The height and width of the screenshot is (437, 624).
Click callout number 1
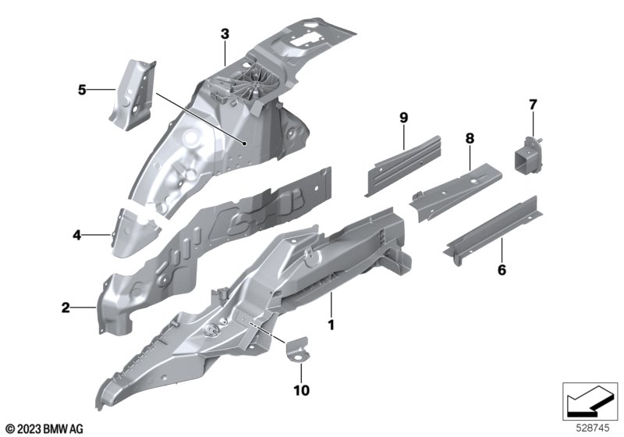click(x=331, y=325)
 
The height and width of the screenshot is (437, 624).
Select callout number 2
click(x=66, y=307)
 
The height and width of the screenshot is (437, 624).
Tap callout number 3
click(x=225, y=34)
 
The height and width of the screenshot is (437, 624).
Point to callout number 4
click(x=76, y=235)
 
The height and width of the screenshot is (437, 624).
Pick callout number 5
click(x=82, y=90)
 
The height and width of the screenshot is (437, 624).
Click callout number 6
click(x=502, y=270)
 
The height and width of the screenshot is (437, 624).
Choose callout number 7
click(x=533, y=105)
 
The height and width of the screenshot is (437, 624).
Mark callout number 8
click(x=470, y=138)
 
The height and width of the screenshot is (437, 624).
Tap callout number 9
click(x=404, y=117)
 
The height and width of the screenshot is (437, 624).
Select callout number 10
click(x=301, y=390)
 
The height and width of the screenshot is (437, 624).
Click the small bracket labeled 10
click(x=297, y=350)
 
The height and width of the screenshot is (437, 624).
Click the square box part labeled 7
click(x=528, y=156)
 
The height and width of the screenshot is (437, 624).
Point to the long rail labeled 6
click(x=493, y=230)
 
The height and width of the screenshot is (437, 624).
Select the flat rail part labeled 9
click(x=403, y=165)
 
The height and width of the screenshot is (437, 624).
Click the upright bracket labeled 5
click(x=133, y=95)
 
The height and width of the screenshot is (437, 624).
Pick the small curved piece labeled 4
click(x=135, y=233)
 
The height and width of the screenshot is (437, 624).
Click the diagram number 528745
click(x=593, y=428)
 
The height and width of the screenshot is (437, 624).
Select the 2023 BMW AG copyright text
click(x=44, y=429)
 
